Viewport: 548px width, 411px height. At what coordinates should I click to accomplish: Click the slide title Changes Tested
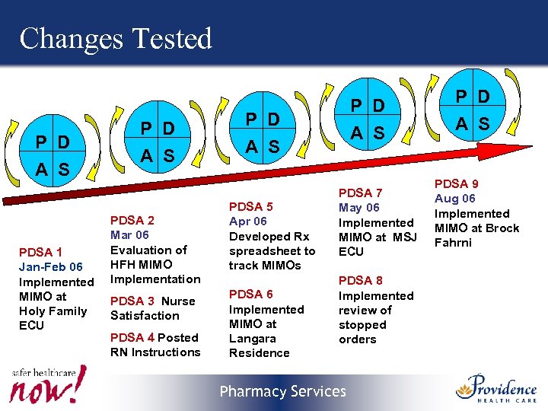(x=116, y=38)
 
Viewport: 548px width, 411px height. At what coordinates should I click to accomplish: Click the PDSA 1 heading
(x=40, y=253)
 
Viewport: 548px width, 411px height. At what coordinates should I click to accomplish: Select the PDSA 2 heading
(x=133, y=221)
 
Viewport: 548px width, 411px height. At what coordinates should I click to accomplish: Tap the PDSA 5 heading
(x=250, y=207)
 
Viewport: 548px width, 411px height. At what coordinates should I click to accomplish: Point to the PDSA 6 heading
(x=250, y=295)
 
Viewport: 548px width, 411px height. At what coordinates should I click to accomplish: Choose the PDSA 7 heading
(x=361, y=193)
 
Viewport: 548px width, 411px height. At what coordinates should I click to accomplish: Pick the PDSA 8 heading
(x=361, y=281)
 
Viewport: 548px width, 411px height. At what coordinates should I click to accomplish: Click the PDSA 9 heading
(x=456, y=184)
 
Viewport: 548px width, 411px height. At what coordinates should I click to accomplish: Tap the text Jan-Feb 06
(x=51, y=267)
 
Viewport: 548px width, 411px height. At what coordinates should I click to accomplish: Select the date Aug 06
(x=454, y=199)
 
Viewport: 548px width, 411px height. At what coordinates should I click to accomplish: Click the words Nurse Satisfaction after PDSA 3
(x=152, y=308)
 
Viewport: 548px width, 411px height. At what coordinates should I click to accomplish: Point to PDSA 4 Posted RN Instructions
(x=155, y=345)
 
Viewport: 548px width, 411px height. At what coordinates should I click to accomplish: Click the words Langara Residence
(x=259, y=346)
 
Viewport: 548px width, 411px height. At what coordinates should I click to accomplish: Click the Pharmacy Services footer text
(x=282, y=392)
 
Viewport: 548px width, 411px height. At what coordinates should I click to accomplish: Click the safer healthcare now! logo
(x=47, y=384)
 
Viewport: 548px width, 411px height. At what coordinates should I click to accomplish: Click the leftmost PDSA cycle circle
(x=53, y=156)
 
